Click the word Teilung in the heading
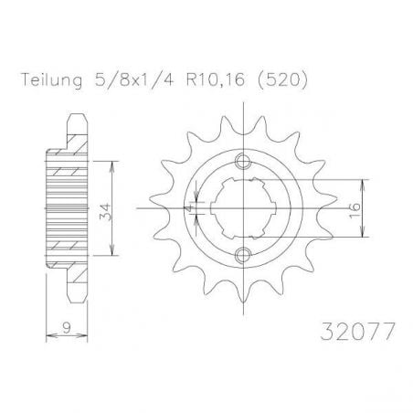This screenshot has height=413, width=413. pyautogui.click(x=51, y=80)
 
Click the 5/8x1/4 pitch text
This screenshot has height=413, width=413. pyautogui.click(x=134, y=80)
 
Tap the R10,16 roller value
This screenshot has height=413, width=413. pyautogui.click(x=216, y=80)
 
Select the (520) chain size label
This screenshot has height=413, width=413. pyautogui.click(x=282, y=80)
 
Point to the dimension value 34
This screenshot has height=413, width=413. pyautogui.click(x=105, y=211)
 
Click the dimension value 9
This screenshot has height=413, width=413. pyautogui.click(x=67, y=327)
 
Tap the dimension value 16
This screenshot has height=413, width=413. pyautogui.click(x=355, y=211)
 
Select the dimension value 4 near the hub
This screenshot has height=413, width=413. pyautogui.click(x=189, y=208)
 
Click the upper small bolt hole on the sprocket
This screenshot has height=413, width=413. pyautogui.click(x=243, y=161)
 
